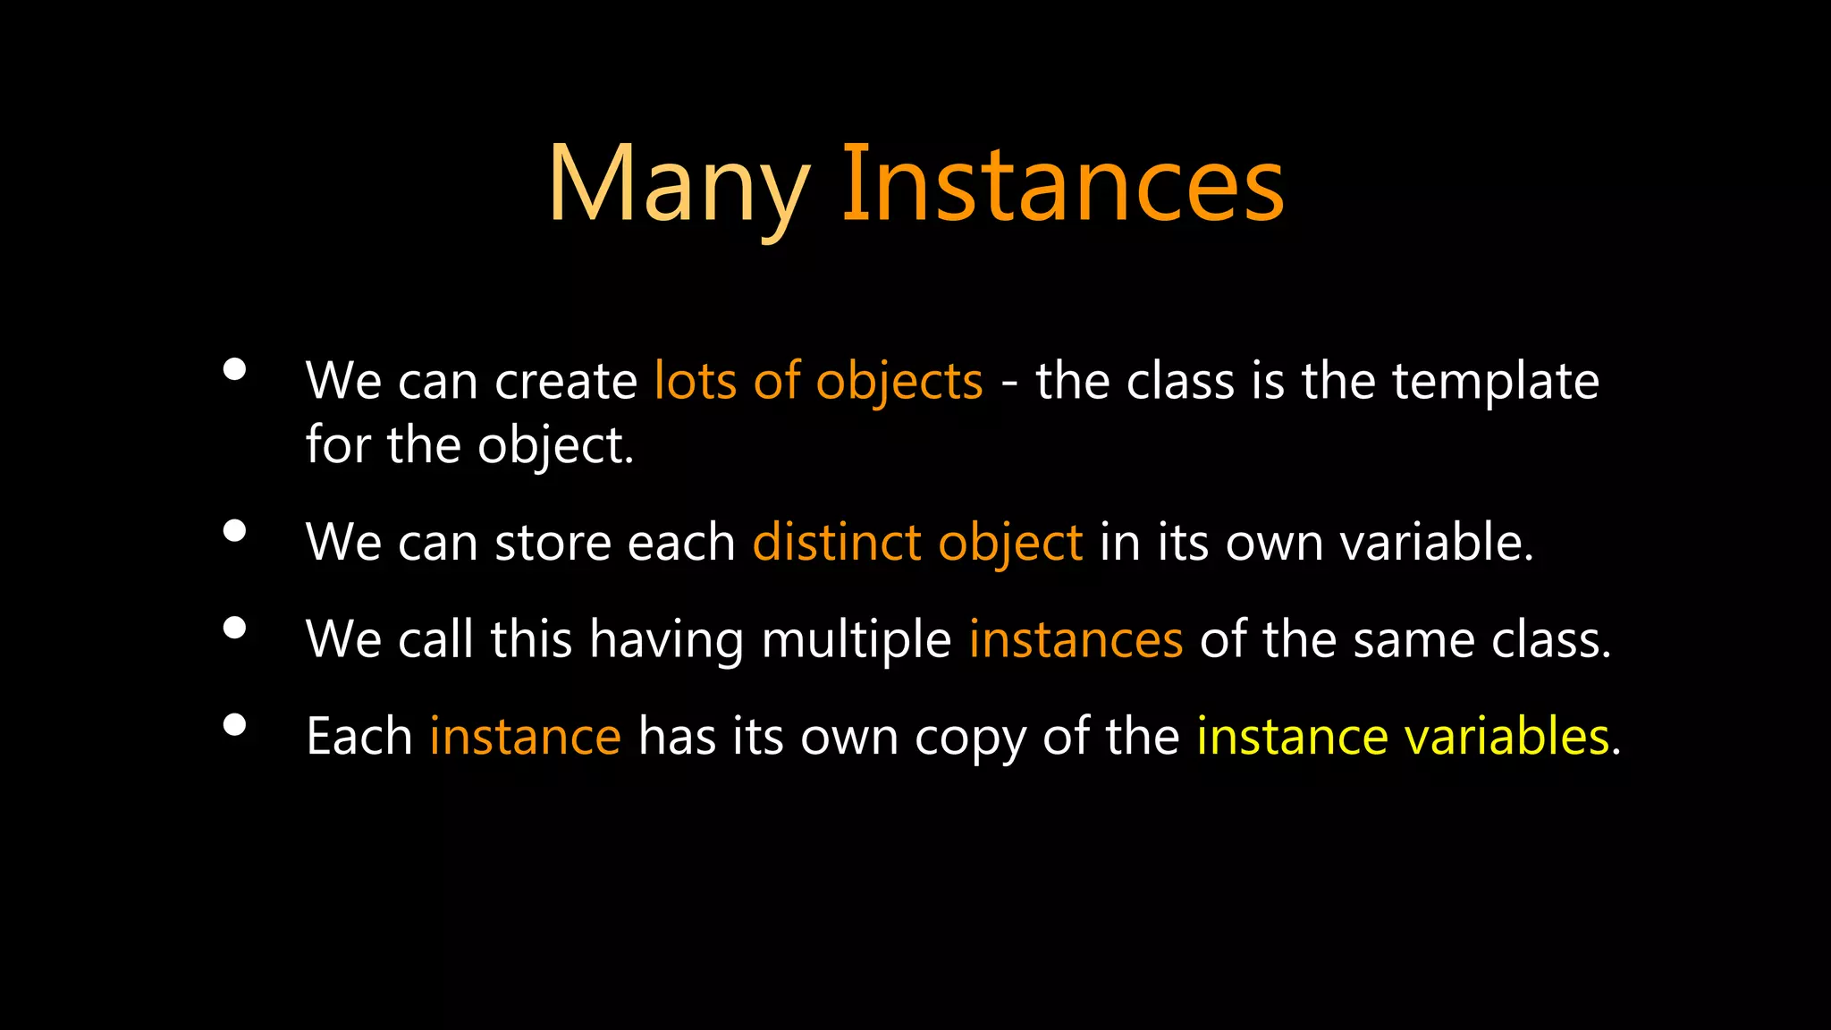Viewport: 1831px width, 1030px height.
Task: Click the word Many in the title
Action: [678, 185]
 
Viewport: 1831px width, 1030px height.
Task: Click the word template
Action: [1495, 382]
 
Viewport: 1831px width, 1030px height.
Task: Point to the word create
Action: [565, 382]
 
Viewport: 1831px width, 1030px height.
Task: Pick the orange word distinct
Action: [836, 543]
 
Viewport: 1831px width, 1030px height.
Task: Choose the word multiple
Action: [856, 640]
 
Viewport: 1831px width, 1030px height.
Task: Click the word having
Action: [666, 640]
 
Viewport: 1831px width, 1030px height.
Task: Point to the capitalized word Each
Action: [359, 738]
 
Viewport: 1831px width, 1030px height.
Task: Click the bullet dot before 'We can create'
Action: [234, 369]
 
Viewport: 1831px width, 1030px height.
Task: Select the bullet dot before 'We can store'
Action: [234, 531]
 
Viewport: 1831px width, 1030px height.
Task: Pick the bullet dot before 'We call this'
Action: [234, 628]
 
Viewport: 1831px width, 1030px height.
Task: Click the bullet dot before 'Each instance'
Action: [234, 724]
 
